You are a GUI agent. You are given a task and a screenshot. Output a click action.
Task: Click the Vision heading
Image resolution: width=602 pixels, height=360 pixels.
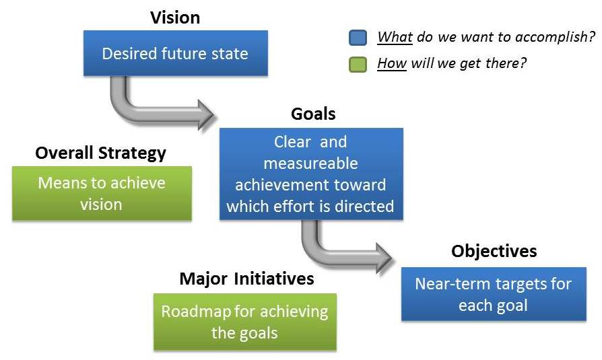[x=175, y=17]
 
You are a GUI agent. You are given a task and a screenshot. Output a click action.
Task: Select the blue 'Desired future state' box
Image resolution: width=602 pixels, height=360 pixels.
[x=176, y=53]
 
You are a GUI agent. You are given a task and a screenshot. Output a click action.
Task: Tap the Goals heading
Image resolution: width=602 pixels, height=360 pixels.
[x=313, y=114]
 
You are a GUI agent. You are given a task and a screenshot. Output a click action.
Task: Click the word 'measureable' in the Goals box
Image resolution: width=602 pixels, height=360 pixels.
[x=310, y=164]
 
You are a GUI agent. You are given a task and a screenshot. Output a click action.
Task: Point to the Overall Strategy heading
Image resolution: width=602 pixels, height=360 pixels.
[x=100, y=153]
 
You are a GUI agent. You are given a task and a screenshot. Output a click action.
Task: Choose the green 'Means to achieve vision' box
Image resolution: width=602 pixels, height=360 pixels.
[x=102, y=193]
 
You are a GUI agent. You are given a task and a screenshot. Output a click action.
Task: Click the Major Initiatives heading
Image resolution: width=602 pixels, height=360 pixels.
[x=246, y=279]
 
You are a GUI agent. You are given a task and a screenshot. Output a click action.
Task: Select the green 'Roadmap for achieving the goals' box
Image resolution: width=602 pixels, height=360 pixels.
[x=245, y=322]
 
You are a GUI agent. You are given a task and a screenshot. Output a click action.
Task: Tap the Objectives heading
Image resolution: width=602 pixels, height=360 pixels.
[x=494, y=252]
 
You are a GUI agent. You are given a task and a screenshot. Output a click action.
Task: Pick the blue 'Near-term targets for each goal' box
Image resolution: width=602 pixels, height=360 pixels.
[x=494, y=294]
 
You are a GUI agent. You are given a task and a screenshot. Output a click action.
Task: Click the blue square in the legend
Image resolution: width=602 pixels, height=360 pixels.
[x=358, y=38]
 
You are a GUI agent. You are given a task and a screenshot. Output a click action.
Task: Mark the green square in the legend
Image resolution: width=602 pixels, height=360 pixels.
[x=358, y=64]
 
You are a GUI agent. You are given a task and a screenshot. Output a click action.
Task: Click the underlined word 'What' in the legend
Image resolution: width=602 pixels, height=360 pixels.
[x=395, y=37]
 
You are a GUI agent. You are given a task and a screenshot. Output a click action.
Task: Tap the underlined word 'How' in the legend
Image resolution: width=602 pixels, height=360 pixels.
[x=392, y=63]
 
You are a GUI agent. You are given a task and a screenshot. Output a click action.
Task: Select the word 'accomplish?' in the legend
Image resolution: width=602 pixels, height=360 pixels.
[x=555, y=37]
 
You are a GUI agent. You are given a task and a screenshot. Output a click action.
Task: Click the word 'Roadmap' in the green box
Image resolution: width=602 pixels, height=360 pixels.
[x=196, y=312]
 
